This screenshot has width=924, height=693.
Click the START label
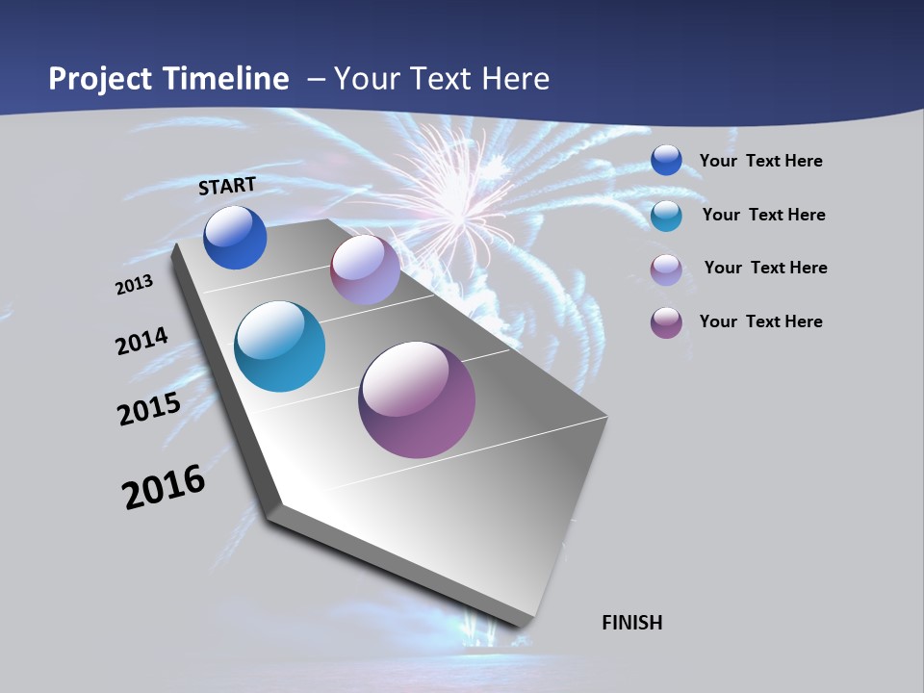click(227, 186)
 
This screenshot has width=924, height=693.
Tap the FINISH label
click(632, 623)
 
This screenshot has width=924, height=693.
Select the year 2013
click(135, 285)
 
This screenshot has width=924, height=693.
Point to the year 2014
click(141, 341)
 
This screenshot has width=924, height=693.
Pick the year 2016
click(164, 487)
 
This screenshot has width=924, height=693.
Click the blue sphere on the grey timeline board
click(235, 238)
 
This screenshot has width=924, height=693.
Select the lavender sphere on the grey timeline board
click(365, 269)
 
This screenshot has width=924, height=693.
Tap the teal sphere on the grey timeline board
click(280, 346)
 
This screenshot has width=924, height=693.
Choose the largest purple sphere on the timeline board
click(417, 399)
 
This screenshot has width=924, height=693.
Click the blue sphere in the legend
click(666, 160)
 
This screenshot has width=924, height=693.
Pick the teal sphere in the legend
click(666, 216)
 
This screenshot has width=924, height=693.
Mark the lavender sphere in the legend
click(666, 269)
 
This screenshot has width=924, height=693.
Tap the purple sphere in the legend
click(666, 322)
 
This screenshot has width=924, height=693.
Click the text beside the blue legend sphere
click(760, 161)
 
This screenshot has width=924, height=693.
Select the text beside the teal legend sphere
click(763, 215)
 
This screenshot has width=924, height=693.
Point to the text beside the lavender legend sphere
click(765, 268)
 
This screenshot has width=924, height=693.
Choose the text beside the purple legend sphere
click(760, 321)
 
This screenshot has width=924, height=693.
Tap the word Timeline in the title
click(229, 79)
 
